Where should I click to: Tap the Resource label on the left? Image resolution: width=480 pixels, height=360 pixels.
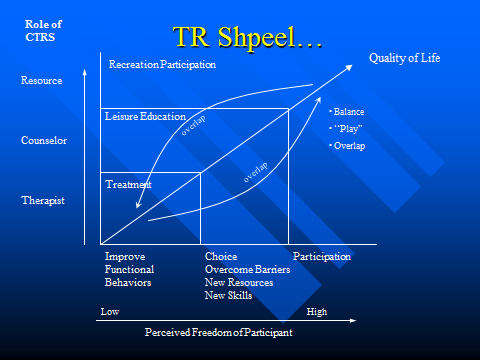[43, 80]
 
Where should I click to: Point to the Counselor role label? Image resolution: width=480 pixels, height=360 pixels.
[44, 140]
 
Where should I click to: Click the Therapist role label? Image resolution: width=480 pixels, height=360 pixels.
[43, 200]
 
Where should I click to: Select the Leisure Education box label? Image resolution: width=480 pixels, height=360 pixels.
[147, 117]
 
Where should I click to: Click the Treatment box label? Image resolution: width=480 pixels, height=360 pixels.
[128, 185]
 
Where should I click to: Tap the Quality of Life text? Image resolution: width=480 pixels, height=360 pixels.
[404, 59]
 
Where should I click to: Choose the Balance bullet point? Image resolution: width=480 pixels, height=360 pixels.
[349, 111]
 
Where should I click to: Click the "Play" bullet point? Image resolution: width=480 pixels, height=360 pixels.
[349, 129]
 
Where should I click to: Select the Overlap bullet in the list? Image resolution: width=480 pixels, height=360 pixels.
[349, 146]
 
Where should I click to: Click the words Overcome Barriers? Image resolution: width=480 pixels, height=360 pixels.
[247, 270]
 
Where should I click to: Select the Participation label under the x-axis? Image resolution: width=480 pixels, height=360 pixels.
[322, 256]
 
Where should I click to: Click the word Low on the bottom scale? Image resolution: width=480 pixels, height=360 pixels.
[110, 312]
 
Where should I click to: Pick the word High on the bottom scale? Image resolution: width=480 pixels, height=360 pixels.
[316, 312]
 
